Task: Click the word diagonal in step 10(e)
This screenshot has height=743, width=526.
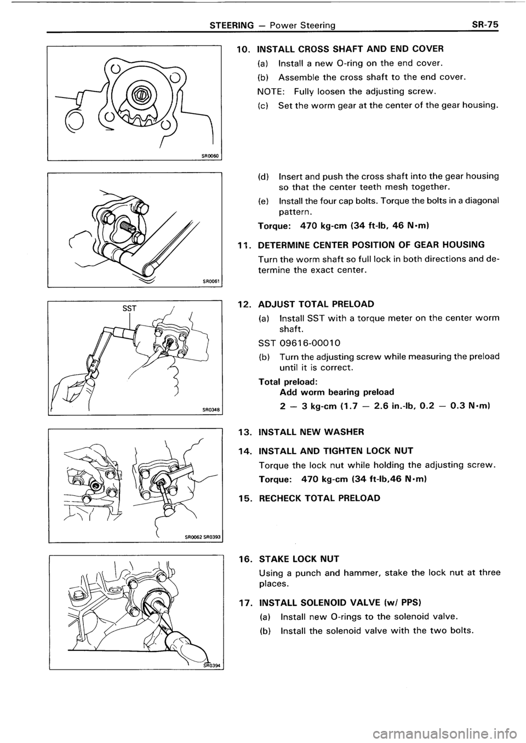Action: pyautogui.click(x=480, y=201)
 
